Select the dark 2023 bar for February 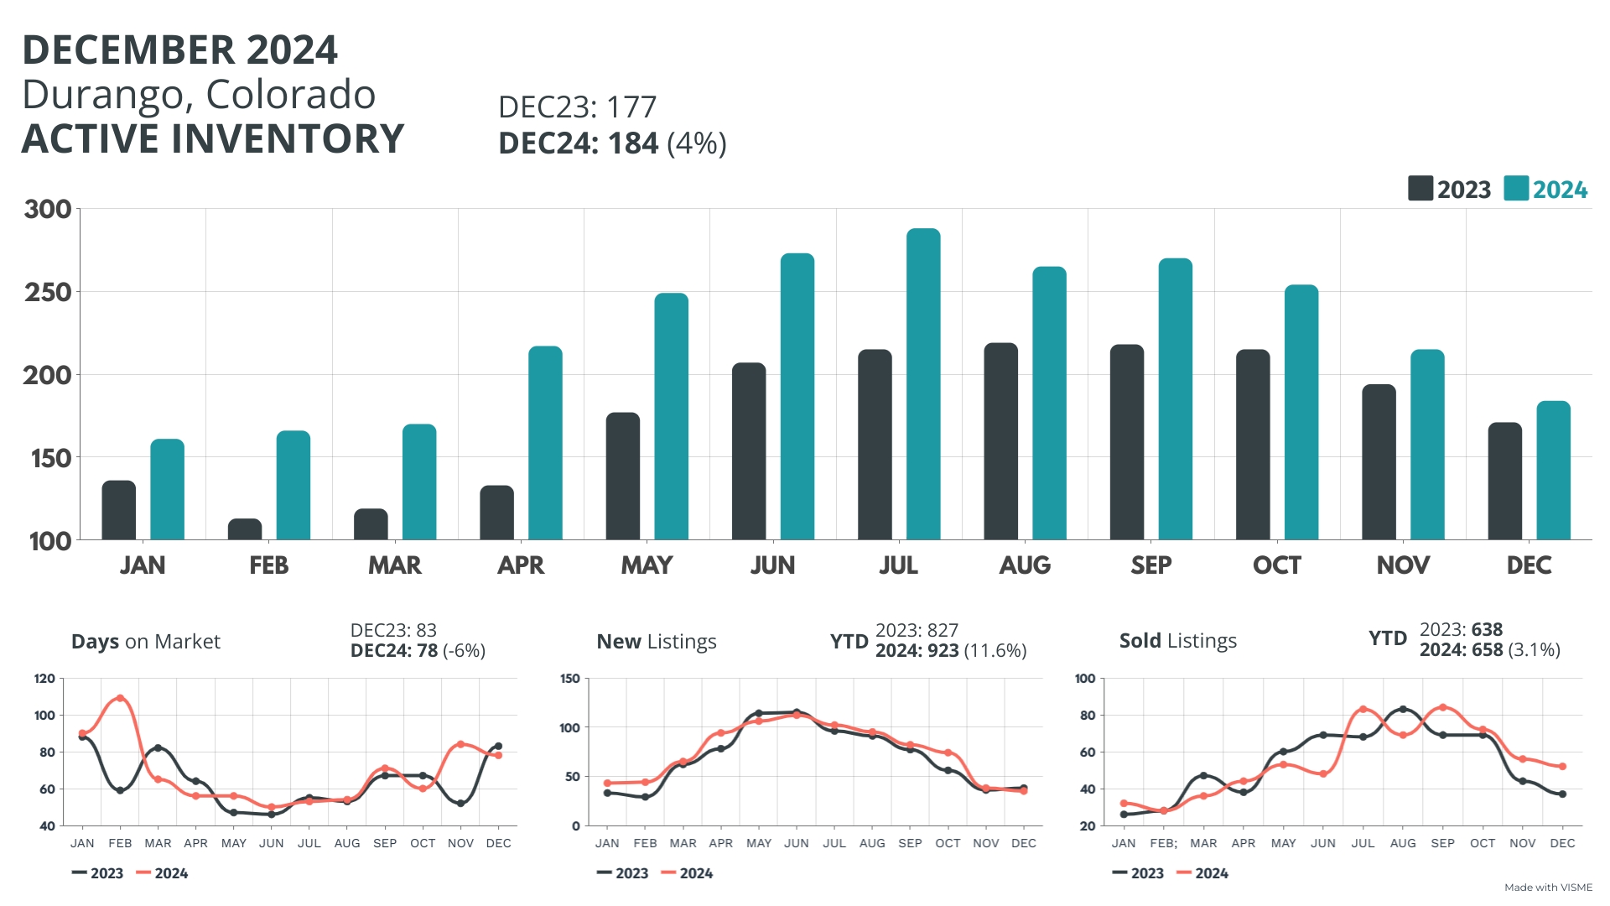(x=245, y=529)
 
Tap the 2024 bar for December (x=1553, y=471)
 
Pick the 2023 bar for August (x=1000, y=441)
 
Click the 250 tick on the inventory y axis (x=48, y=292)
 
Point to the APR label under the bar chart (x=521, y=565)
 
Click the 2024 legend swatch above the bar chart (x=1516, y=189)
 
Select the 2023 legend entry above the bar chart (x=1450, y=189)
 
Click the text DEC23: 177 (x=577, y=107)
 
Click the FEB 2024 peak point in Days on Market (x=120, y=698)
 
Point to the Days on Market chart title (x=146, y=642)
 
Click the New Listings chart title (x=657, y=642)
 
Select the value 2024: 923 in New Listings (x=917, y=651)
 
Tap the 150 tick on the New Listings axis (x=570, y=679)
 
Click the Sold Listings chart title (x=1177, y=641)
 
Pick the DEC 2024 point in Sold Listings (x=1562, y=766)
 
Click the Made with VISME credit (x=1548, y=888)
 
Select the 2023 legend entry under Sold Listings (x=1138, y=873)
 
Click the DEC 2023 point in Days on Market (x=498, y=746)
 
